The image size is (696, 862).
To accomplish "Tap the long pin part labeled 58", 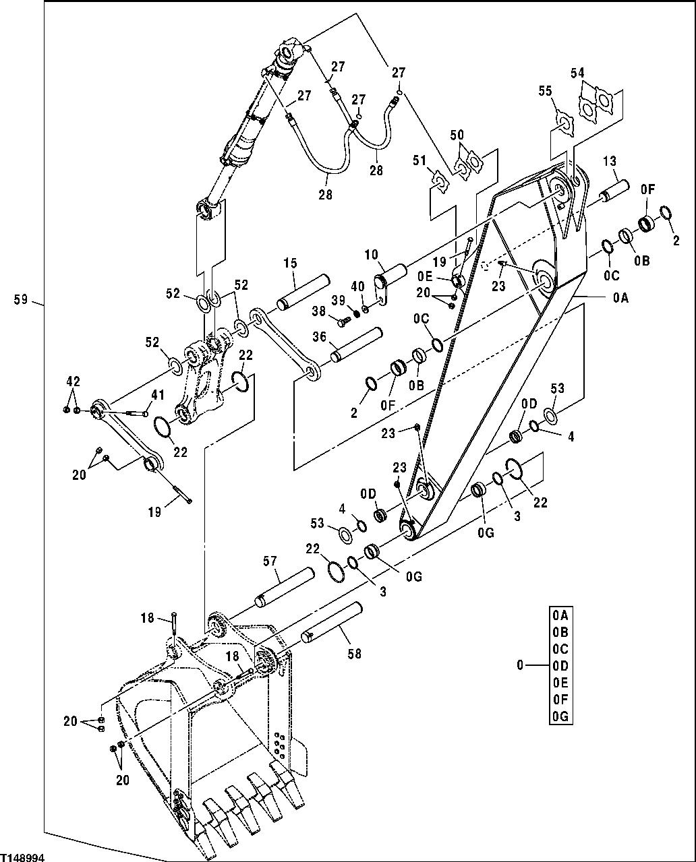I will tap(333, 623).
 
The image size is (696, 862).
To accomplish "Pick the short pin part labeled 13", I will tap(615, 189).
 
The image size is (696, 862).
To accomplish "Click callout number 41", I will tap(157, 395).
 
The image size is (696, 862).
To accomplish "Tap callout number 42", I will tap(74, 381).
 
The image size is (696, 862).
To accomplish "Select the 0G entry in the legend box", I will tap(560, 717).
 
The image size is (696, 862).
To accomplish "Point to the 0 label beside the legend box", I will tap(519, 666).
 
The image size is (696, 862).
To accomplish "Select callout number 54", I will tap(577, 73).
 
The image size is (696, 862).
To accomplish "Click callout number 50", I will tap(457, 135).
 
